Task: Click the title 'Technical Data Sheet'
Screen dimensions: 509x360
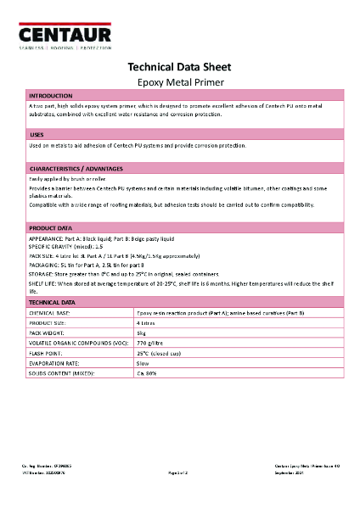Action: point(179,67)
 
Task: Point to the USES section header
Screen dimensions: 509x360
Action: point(37,135)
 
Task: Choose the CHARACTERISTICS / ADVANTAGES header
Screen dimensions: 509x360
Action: point(76,168)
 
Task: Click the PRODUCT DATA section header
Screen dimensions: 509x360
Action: point(51,229)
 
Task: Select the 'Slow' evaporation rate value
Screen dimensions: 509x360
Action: point(143,362)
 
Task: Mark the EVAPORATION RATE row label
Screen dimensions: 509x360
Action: point(55,362)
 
